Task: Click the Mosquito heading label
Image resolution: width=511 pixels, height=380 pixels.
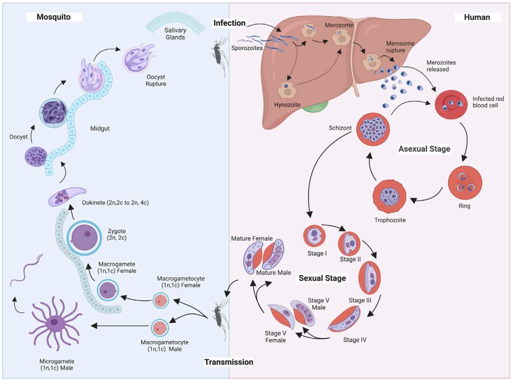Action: (52, 17)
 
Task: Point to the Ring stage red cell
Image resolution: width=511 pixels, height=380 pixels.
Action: (465, 182)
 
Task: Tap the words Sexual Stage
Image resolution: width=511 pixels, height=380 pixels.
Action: (322, 278)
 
